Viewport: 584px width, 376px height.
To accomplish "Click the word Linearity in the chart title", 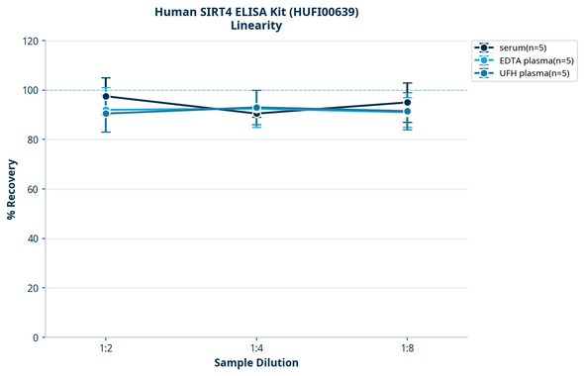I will click(256, 26).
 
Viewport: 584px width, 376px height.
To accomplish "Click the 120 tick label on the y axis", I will click(29, 41).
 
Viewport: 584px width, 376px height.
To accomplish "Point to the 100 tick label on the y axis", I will click(29, 90).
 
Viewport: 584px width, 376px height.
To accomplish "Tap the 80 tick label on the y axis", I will click(32, 140).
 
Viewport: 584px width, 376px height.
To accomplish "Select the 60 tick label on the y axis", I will click(32, 189).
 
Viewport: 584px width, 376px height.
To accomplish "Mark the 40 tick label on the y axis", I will click(32, 238).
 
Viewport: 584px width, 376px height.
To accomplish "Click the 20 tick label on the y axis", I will click(32, 288).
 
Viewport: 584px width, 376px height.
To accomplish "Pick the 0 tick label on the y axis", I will click(35, 337).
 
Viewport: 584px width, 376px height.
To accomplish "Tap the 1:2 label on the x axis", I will click(106, 349).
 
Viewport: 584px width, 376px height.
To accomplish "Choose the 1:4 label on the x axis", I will click(256, 349).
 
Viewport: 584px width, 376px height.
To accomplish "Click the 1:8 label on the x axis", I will click(407, 349).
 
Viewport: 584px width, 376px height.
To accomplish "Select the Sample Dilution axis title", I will click(256, 363).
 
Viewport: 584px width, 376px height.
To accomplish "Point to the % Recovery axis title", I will click(12, 189).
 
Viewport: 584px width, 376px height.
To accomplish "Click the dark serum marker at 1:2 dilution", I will click(106, 97).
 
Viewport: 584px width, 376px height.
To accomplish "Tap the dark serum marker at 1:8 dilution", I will click(407, 103).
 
